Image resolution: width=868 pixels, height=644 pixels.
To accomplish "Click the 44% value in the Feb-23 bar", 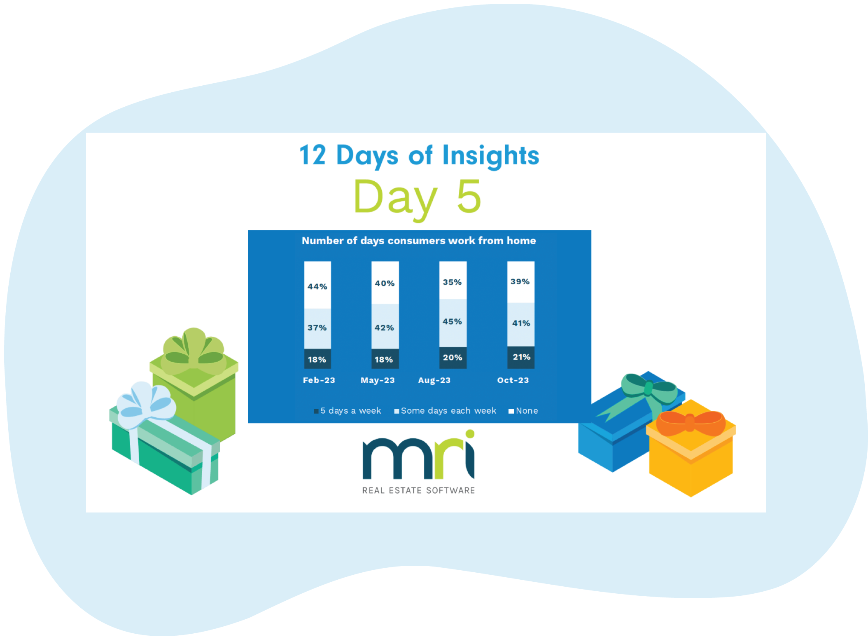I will coord(317,286).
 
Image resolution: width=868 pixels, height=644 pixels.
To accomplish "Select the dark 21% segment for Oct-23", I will coord(521,357).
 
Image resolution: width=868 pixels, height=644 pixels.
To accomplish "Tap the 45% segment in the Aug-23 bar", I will coord(453,321).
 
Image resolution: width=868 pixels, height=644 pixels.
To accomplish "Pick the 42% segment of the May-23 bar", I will coord(385,327).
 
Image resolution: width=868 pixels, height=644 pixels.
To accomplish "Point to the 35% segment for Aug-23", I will coord(453,282).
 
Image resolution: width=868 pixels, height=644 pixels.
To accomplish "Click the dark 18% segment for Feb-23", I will coord(317,359).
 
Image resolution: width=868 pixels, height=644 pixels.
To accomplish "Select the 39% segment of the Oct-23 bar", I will coord(520,281).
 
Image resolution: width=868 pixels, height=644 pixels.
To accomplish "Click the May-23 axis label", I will coord(378,380).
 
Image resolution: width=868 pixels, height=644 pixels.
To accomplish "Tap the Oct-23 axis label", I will coord(513,380).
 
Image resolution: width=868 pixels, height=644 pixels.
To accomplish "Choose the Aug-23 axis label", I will coord(434,380).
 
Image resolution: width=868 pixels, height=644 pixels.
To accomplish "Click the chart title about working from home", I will coord(419,241).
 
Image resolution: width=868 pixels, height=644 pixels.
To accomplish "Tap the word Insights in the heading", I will coord(490,156).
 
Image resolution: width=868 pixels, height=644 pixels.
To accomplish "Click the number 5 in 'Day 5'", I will coord(469,197).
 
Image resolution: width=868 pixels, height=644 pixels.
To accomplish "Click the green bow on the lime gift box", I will coord(194,351).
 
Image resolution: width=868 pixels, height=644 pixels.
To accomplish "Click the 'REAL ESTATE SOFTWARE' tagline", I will coord(418,490).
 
